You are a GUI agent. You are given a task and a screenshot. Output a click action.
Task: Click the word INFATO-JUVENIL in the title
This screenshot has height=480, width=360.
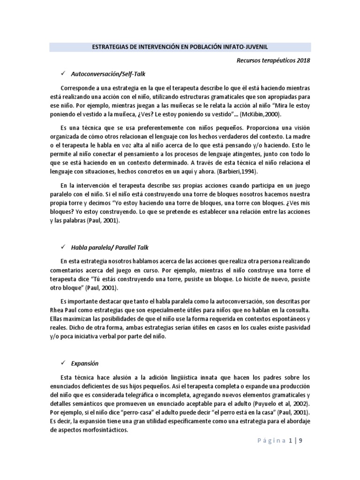click(246, 47)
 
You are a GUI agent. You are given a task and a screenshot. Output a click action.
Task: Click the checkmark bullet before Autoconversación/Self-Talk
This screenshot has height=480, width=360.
click(62, 74)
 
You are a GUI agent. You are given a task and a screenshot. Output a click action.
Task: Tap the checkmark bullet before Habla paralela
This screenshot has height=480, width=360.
click(62, 247)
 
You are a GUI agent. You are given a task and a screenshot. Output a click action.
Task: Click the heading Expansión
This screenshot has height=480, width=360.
click(85, 363)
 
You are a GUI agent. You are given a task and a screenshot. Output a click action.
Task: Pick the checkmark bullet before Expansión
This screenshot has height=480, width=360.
click(62, 363)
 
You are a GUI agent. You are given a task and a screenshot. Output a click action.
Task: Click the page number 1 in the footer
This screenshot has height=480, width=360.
click(291, 441)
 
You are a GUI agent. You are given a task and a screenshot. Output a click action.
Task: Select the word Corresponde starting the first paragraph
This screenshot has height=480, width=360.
click(77, 89)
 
